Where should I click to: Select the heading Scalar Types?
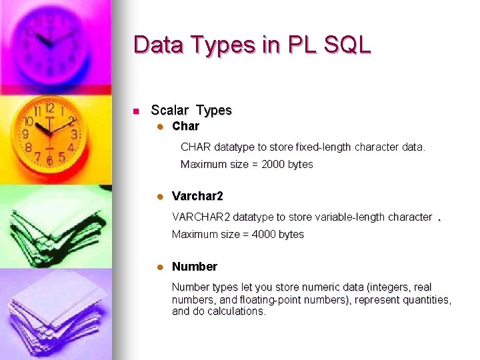click(x=191, y=110)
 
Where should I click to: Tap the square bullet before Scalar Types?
click(x=135, y=111)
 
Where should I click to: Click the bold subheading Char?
click(x=185, y=126)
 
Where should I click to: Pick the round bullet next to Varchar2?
click(x=160, y=197)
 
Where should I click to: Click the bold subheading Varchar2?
click(x=197, y=196)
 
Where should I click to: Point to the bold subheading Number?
click(x=195, y=267)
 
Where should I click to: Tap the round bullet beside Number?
click(x=160, y=267)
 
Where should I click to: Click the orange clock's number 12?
click(x=49, y=108)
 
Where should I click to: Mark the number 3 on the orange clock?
click(x=74, y=134)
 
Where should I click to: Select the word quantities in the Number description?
click(x=424, y=299)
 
